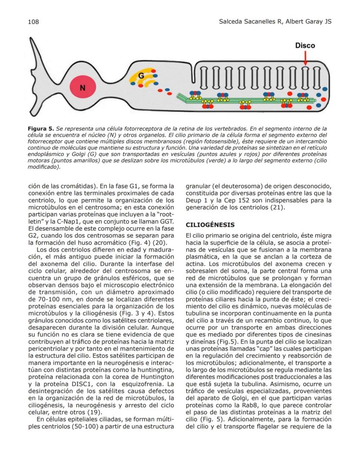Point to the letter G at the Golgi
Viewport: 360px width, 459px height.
point(141,76)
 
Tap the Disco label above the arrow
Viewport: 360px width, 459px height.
point(305,45)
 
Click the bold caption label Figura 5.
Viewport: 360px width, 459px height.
point(41,129)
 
